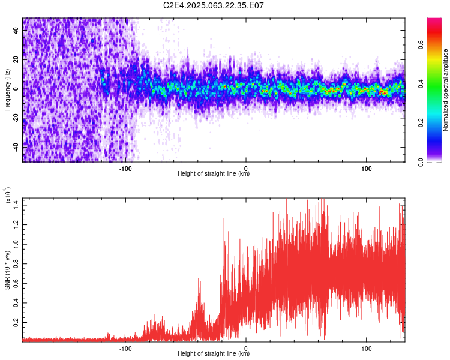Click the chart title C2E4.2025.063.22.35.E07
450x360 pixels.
[214, 5]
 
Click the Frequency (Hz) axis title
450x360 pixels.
[7, 89]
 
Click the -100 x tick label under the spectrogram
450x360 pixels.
[125, 167]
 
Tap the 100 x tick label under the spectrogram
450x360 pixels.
[367, 167]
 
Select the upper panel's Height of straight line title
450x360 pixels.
[214, 174]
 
